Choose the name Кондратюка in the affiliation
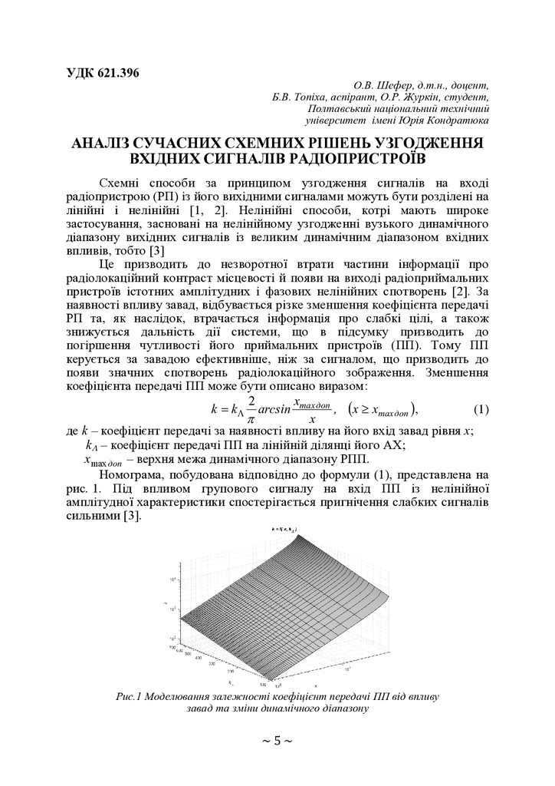click(454, 121)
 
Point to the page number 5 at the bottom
click(277, 741)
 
